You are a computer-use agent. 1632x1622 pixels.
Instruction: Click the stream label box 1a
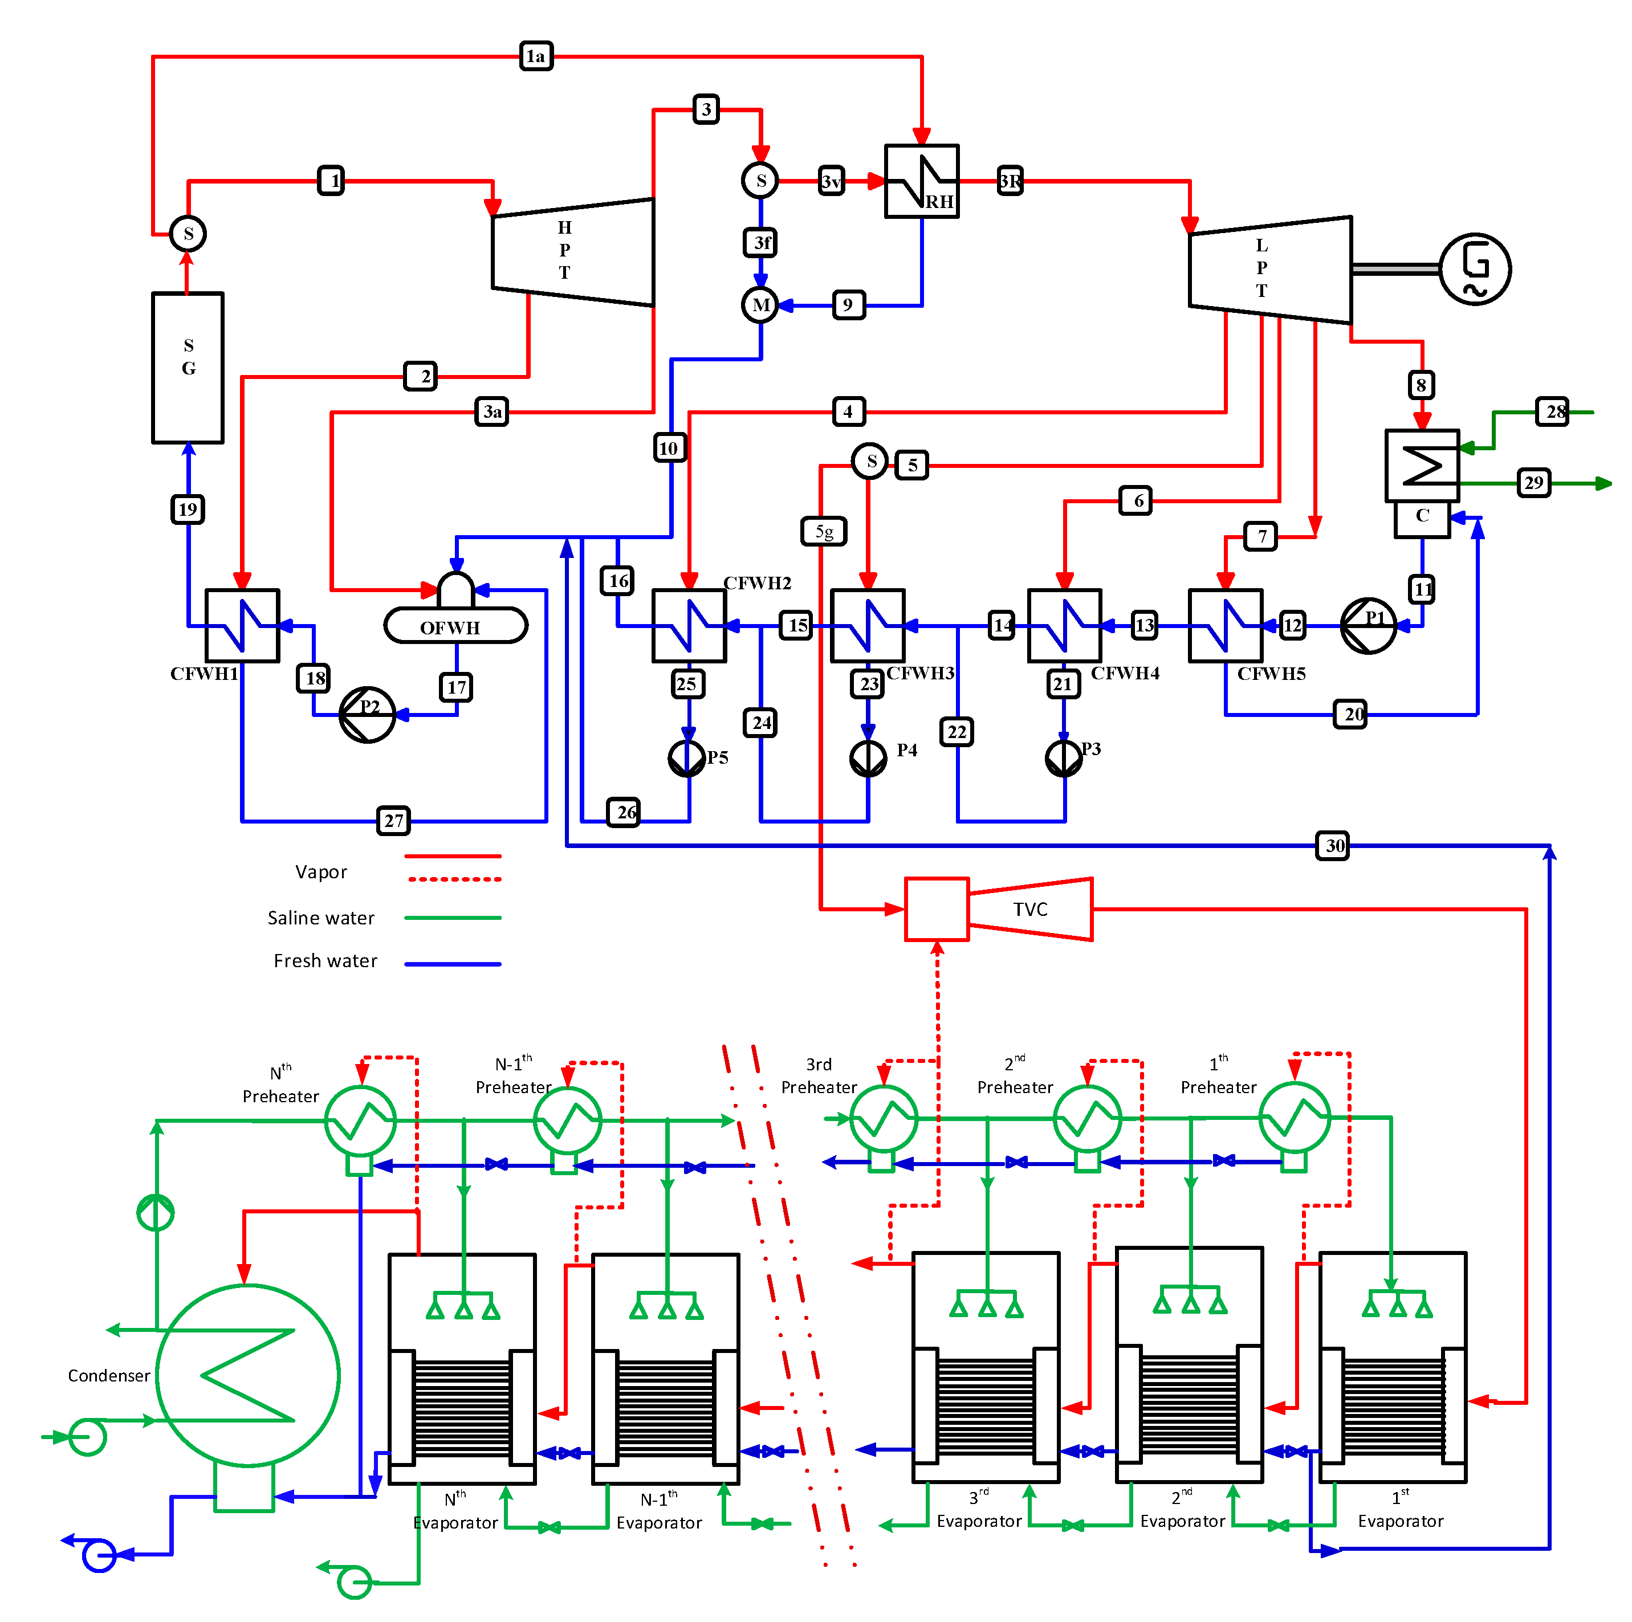pos(536,56)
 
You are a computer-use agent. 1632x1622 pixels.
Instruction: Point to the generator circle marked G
pos(1474,268)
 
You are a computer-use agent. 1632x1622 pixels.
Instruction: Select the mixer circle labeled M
pos(760,305)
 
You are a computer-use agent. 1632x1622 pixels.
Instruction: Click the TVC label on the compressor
pos(1029,910)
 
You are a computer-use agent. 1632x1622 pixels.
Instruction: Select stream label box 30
pos(1332,845)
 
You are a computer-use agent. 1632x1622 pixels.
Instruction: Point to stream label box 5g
pos(824,531)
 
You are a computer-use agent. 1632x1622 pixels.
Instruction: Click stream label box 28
pos(1552,412)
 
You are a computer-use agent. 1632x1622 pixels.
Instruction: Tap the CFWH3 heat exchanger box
pos(868,626)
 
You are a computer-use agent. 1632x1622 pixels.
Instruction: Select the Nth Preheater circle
pos(361,1119)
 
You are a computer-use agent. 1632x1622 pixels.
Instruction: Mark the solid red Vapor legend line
pos(453,856)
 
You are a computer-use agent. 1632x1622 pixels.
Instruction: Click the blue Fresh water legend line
pos(453,963)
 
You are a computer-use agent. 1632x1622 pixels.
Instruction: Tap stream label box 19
pos(188,509)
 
